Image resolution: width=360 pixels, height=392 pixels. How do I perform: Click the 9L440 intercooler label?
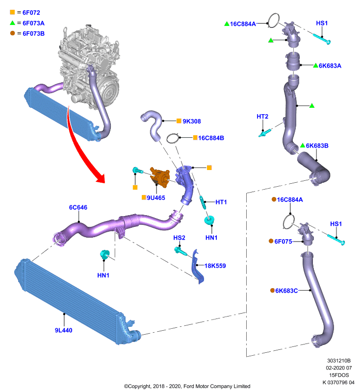[x=64, y=330]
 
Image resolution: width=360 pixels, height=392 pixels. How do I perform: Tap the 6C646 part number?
[x=78, y=207]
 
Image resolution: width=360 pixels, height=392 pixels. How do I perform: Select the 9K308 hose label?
[x=192, y=121]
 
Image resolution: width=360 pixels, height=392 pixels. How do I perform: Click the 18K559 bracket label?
[x=215, y=266]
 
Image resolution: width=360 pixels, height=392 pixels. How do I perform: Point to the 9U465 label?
[x=156, y=198]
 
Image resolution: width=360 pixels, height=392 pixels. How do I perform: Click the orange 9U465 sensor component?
[x=160, y=177]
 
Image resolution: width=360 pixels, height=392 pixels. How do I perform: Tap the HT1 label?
[x=221, y=202]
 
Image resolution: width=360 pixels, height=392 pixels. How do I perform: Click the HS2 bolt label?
[x=180, y=238]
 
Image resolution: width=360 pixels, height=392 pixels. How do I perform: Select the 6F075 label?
[x=283, y=242]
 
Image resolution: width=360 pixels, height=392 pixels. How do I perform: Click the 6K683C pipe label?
[x=286, y=291]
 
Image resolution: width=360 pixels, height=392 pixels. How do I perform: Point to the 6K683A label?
[x=330, y=66]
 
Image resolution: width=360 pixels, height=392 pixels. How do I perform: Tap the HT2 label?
[x=262, y=117]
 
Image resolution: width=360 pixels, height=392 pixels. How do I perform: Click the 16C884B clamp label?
[x=211, y=138]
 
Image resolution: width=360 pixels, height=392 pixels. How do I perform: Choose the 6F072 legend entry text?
[x=31, y=13]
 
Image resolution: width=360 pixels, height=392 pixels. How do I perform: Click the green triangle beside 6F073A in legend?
[x=13, y=23]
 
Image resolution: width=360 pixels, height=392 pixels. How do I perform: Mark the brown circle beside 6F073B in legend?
[x=13, y=33]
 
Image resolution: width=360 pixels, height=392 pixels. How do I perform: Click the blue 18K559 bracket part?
[x=198, y=267]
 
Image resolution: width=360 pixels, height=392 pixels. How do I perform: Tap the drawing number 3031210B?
[x=339, y=361]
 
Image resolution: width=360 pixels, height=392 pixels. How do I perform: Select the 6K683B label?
[x=317, y=146]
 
